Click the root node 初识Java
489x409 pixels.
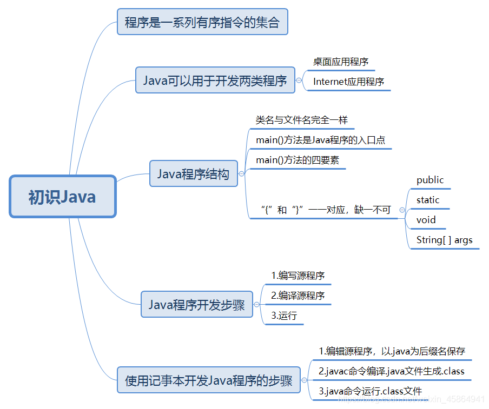(x=62, y=197)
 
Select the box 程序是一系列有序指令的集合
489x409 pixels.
(x=202, y=22)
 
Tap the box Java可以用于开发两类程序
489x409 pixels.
(x=215, y=81)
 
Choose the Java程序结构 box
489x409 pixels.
(x=193, y=174)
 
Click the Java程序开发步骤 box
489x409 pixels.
(x=196, y=305)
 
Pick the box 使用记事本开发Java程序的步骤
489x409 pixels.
(x=208, y=380)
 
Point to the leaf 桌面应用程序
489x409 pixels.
(x=340, y=62)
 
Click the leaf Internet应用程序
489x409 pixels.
(x=348, y=82)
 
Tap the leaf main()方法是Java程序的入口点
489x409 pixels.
(x=320, y=140)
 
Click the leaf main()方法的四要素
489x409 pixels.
(x=297, y=160)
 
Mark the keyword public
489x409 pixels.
(x=430, y=180)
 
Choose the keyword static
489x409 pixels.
(x=428, y=200)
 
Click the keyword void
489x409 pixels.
(x=426, y=220)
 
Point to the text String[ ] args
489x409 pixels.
(x=444, y=240)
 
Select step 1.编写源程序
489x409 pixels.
(x=298, y=276)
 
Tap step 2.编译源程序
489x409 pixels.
(x=298, y=296)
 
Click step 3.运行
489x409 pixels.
(x=284, y=316)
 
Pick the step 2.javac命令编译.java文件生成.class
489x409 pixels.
(x=391, y=371)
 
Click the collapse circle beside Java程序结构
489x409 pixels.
(x=242, y=174)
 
